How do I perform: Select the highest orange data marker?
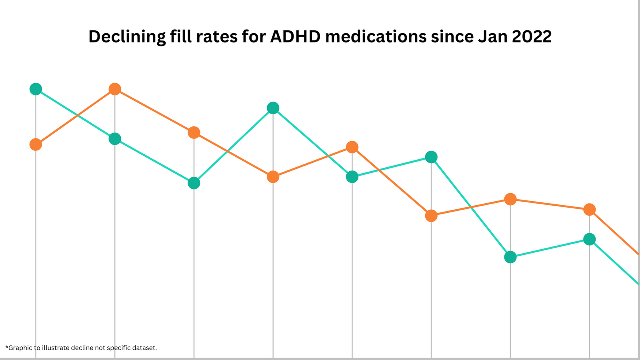tap(115, 89)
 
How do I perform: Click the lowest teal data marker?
tap(510, 257)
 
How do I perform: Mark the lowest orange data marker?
tap(431, 216)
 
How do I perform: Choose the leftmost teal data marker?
tap(36, 89)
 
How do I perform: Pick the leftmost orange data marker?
tap(36, 144)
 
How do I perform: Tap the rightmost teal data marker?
tap(589, 240)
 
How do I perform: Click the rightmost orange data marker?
tap(589, 209)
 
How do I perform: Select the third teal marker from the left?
tap(194, 183)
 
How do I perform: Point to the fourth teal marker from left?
tap(273, 108)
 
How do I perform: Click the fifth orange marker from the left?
tap(352, 147)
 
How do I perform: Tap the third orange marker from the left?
tap(194, 132)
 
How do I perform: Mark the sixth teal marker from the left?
tap(431, 157)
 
